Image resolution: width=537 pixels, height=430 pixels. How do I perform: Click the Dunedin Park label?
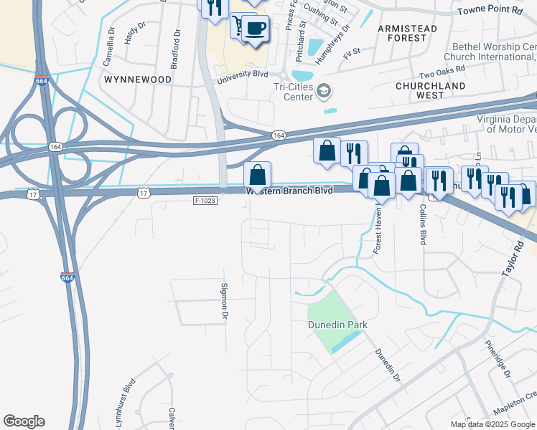(x=337, y=325)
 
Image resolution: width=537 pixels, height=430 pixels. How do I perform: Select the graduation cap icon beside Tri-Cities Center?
(x=324, y=91)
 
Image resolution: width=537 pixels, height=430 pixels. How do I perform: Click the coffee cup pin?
(x=256, y=28)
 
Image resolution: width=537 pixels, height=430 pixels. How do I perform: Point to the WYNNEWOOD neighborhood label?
(x=138, y=80)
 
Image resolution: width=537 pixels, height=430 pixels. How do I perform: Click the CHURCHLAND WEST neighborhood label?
(x=430, y=90)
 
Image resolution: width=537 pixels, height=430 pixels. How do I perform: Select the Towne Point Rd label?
(x=490, y=11)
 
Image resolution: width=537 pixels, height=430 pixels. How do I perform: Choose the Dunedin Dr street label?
(x=386, y=365)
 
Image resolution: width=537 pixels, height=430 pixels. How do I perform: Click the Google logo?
(x=24, y=421)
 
